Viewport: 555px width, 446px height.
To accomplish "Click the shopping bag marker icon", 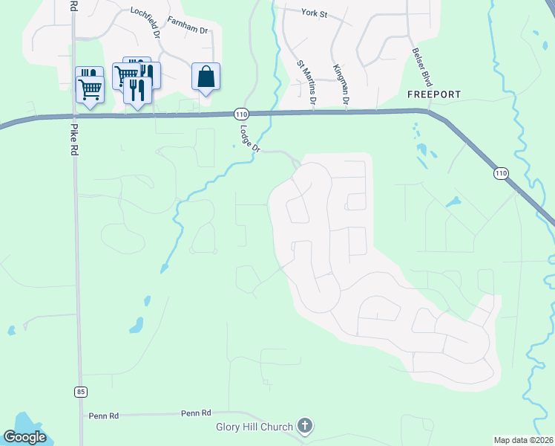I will click(206, 77).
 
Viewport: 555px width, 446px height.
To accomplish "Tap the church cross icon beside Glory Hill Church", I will click(304, 426).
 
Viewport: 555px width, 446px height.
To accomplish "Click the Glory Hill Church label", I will click(253, 427).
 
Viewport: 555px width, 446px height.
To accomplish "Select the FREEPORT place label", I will click(434, 94).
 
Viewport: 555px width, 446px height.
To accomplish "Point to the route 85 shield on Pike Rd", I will click(80, 391).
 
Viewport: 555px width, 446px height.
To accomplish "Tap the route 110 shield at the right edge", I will click(501, 173).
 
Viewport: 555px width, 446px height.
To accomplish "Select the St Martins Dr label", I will click(307, 83).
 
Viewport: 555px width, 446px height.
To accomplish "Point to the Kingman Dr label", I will click(341, 83).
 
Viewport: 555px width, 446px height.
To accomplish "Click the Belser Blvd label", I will click(422, 68).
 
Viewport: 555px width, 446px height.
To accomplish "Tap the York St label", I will click(315, 12).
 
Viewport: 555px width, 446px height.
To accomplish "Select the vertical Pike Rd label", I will click(73, 138).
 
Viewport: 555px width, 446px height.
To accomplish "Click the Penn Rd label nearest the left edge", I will click(103, 416).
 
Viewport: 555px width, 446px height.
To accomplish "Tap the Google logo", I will click(24, 437).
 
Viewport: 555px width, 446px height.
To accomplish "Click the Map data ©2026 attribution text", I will click(524, 440).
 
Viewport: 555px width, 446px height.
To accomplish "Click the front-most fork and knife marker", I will click(137, 90).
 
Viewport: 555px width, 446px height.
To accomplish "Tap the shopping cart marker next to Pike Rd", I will click(90, 88).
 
